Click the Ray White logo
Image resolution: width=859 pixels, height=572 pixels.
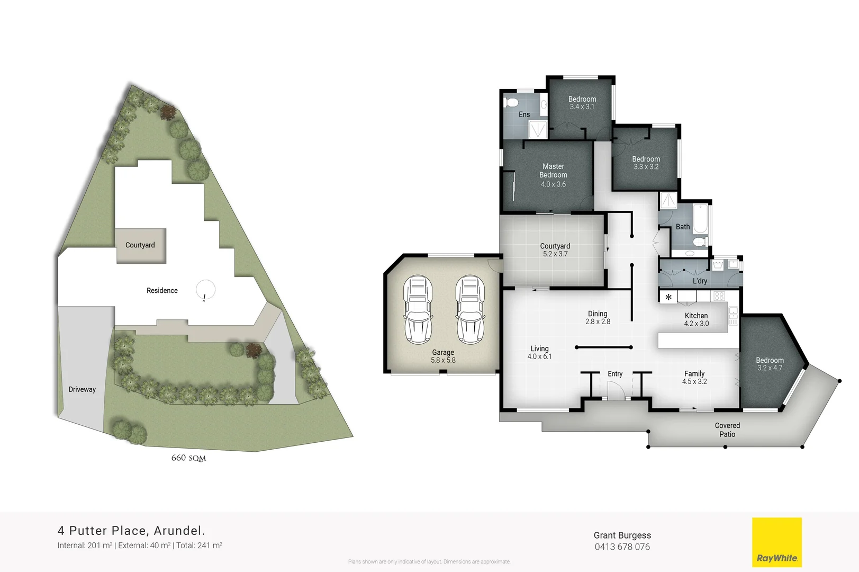776,542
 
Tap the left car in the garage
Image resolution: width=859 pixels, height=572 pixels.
418,309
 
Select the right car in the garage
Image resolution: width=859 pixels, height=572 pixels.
470,309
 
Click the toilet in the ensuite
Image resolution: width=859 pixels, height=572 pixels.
511,102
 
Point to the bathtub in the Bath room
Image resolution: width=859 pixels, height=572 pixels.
700,219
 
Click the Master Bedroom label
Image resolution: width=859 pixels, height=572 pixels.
553,171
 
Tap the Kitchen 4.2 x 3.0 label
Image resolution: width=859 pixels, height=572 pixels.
696,319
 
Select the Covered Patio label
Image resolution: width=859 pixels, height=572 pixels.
727,430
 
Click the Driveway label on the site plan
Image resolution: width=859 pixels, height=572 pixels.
82,389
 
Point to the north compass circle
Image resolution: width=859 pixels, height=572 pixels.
205,290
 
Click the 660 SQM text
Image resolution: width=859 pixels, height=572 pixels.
188,458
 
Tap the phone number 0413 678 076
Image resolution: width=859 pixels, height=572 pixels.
622,547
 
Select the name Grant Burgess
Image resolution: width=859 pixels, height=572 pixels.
622,535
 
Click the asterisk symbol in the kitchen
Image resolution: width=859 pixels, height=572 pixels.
668,297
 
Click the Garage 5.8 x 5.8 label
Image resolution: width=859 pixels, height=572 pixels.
443,356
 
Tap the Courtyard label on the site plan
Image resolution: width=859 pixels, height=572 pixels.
140,245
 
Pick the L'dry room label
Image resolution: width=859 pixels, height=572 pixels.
700,281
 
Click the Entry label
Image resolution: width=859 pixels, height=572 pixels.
615,374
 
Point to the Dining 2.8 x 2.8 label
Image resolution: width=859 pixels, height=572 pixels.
598,317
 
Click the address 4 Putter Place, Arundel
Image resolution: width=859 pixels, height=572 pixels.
131,531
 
